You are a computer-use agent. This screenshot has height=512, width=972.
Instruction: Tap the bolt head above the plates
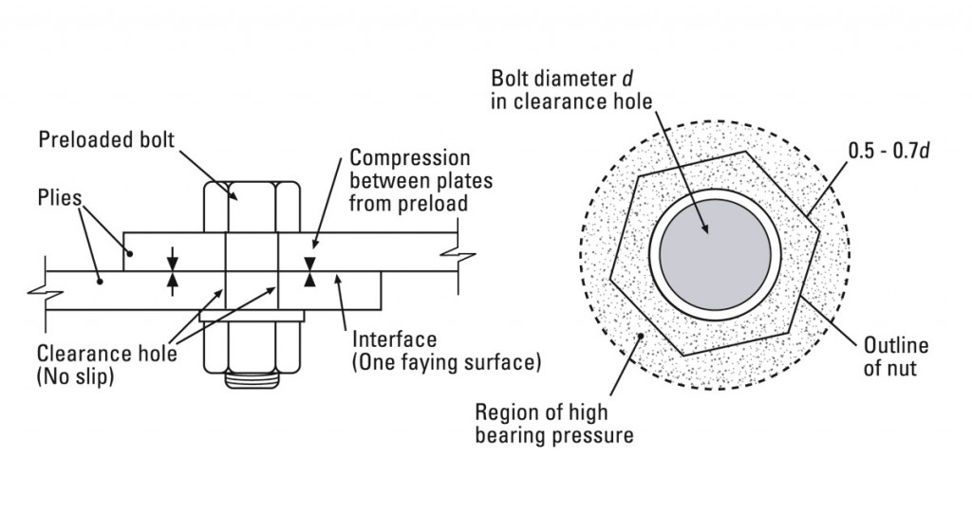(252, 206)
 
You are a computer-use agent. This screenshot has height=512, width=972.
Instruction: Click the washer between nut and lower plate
(252, 315)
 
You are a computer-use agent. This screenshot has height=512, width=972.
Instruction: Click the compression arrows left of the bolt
(172, 270)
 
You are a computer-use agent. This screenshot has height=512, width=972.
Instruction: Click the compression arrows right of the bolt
(309, 270)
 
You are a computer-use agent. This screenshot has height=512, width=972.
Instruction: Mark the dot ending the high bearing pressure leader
(643, 336)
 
